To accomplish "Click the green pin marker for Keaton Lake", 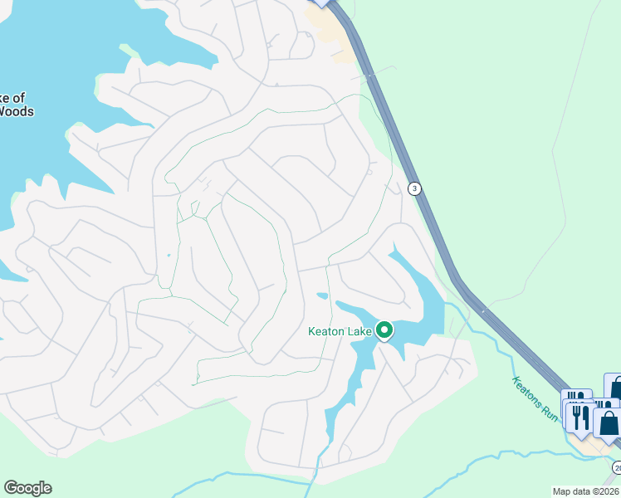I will coord(384,331).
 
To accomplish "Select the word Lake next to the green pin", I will coord(361,331).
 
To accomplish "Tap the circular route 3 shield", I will coord(414,188).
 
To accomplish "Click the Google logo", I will coord(27,488).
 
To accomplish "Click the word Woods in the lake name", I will coord(17,111).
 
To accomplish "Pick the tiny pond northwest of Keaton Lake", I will coord(322,295).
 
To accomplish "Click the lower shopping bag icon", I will coord(608,423).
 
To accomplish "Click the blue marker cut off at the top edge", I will coord(321,3).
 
